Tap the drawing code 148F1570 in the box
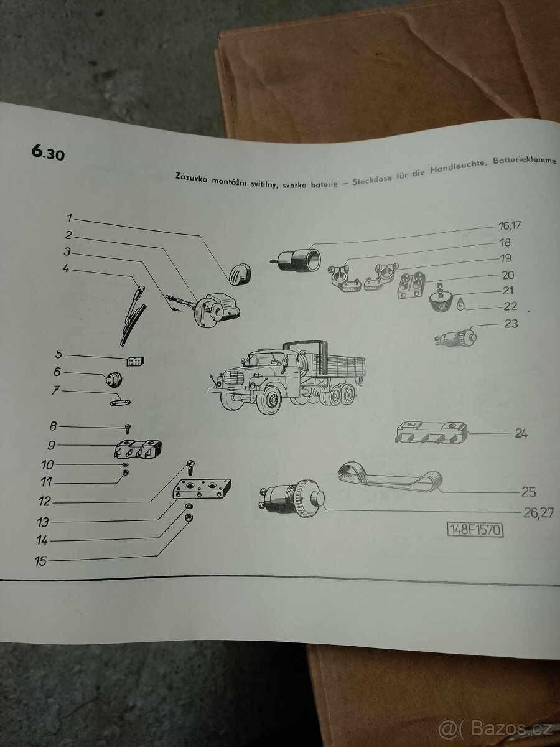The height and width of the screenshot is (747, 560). [x=475, y=530]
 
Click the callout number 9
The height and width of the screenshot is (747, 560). [x=52, y=446]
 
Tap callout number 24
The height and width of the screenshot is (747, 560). [x=521, y=433]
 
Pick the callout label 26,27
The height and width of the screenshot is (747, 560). [x=534, y=512]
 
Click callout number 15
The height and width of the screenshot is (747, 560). [x=40, y=560]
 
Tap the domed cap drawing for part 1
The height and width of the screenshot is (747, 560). [x=238, y=272]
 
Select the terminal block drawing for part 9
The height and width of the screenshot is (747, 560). [x=139, y=448]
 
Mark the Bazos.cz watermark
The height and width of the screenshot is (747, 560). [x=504, y=726]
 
